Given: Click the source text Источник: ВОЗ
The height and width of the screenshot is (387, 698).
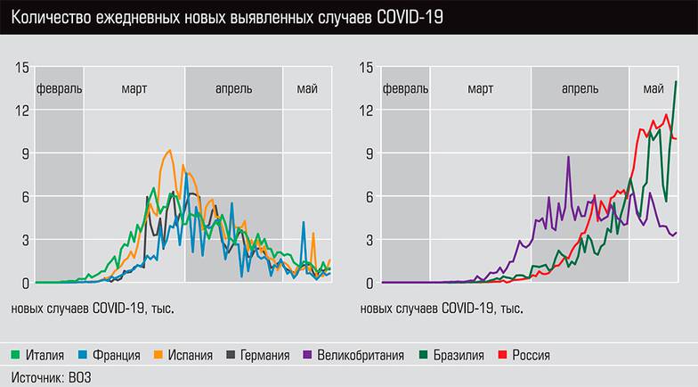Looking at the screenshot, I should (51, 377).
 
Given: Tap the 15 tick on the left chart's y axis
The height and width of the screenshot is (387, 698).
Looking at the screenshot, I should (22, 67).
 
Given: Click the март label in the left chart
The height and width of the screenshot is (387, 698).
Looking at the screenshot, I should (134, 88).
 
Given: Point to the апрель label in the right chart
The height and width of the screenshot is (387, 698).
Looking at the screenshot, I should (580, 88).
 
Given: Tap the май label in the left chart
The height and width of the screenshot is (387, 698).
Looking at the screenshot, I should (307, 88).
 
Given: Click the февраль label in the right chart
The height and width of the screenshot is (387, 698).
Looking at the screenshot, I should (405, 88).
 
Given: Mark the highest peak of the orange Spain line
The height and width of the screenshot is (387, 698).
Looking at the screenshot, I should (169, 151).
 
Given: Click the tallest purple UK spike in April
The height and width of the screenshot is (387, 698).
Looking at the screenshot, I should (568, 157).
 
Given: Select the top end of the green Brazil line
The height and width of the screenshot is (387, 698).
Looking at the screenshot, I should (676, 82).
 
